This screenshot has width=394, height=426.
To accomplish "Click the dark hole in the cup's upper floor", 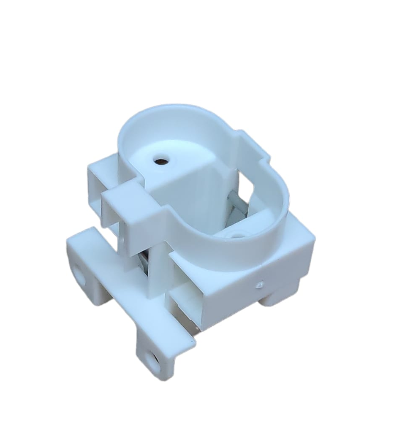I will coord(160,161).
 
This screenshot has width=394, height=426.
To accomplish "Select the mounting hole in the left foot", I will coord(79,272).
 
